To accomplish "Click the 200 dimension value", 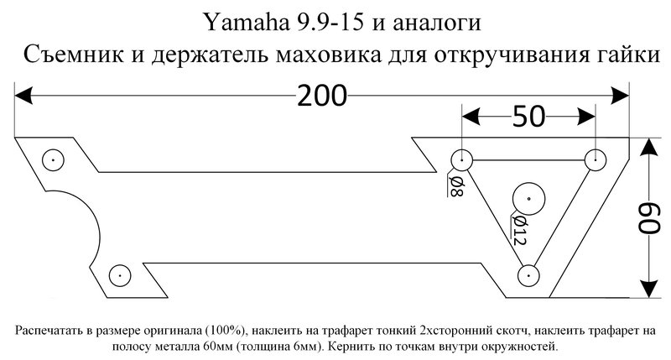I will point(322,97).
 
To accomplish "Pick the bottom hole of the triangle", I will point(528,274).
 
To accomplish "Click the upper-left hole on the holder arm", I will point(52,158).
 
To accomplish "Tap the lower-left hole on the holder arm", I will point(121,274).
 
